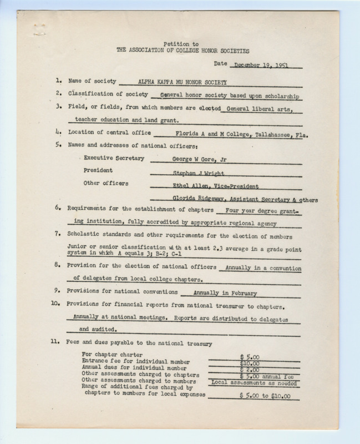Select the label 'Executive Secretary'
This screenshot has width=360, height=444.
[114, 158]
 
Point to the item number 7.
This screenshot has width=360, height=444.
[58, 234]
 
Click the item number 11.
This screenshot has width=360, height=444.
[56, 343]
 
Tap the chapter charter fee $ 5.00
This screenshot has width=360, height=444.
[250, 356]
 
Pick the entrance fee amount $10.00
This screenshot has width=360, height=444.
[250, 362]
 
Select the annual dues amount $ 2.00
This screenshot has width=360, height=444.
[250, 369]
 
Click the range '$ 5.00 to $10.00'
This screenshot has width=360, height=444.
[265, 395]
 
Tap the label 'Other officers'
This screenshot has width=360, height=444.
[105, 183]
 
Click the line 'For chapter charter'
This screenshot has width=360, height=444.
[112, 354]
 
